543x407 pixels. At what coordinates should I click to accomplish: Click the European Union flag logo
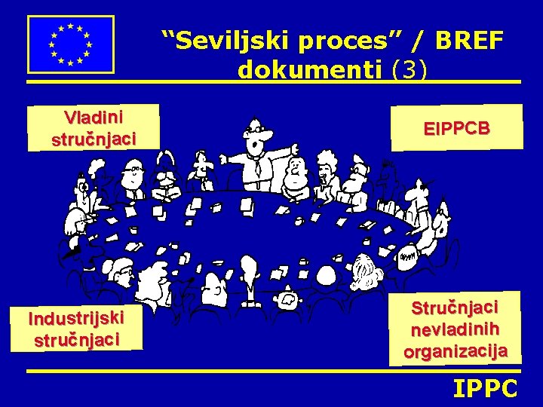[70, 44]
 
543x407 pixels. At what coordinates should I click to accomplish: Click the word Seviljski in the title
[225, 41]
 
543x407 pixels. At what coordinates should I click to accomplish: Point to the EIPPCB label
[456, 128]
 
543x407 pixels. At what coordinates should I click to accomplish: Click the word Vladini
[94, 118]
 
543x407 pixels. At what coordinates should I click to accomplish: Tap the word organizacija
[456, 350]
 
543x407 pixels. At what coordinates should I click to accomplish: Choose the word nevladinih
[456, 329]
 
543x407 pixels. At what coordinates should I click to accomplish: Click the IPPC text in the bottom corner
[485, 389]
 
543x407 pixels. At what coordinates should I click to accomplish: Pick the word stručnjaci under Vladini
[94, 139]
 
